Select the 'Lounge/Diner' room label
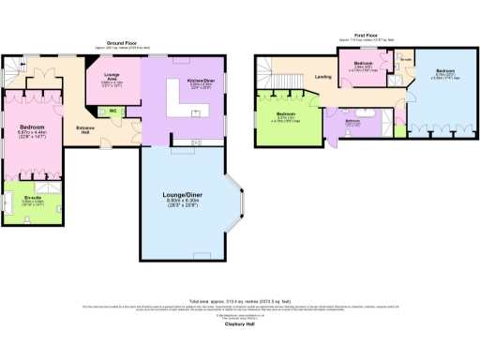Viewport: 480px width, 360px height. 185,192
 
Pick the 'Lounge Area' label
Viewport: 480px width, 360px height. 112,79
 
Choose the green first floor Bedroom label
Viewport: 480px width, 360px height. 283,112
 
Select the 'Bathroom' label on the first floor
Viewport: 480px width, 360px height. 353,121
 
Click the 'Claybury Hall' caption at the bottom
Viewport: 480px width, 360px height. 241,325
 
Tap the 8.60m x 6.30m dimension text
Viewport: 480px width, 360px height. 185,200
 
